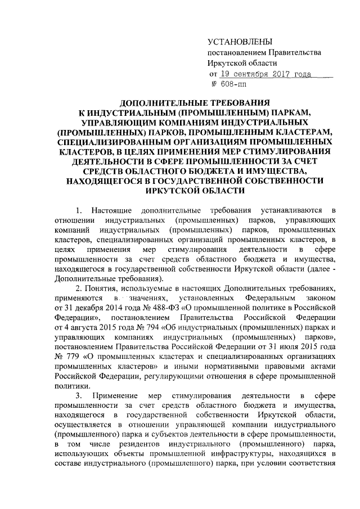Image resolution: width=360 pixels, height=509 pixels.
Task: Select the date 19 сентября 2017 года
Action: pyautogui.click(x=266, y=73)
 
